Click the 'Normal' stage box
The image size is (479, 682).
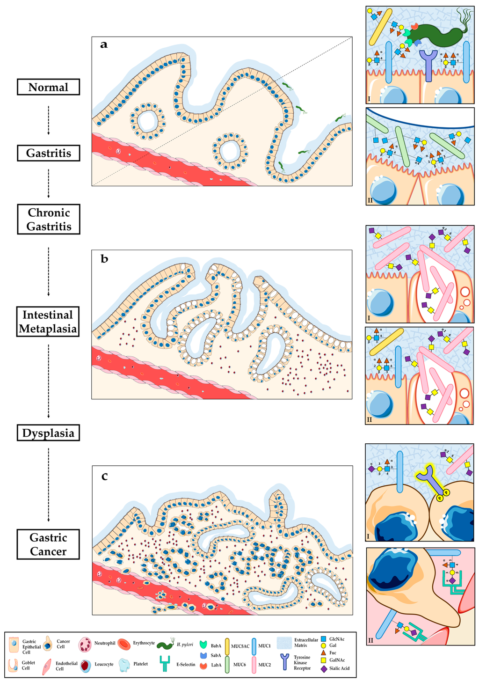tap(48, 87)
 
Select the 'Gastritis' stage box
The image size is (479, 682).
tap(48, 153)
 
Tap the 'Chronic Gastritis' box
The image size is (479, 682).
tap(48, 219)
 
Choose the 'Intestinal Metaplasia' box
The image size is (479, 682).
tap(48, 322)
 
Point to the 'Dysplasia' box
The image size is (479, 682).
tap(48, 433)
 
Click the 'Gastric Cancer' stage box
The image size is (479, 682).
tap(48, 544)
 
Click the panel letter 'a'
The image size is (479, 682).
tap(104, 44)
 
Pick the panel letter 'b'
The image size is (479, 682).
tap(104, 259)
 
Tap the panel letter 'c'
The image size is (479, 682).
tap(104, 476)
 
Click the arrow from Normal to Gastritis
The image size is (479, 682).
tap(49, 120)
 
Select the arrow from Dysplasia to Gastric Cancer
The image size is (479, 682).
tap(49, 484)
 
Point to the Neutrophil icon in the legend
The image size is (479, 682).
tap(86, 644)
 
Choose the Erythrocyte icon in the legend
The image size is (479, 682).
tap(124, 644)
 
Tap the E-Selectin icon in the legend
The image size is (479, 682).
tap(165, 664)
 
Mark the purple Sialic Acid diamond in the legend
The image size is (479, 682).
tap(324, 668)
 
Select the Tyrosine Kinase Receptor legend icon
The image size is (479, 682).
tap(284, 662)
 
